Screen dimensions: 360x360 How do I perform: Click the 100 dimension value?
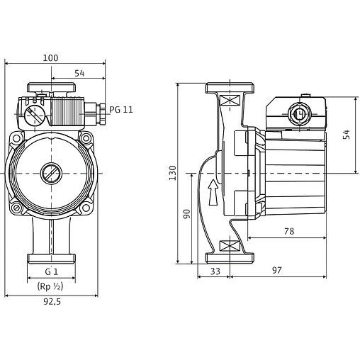(x=50, y=58)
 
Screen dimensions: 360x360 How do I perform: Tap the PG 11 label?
(x=121, y=110)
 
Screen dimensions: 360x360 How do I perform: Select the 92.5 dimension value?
(x=52, y=301)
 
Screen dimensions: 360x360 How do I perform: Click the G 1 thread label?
(x=52, y=272)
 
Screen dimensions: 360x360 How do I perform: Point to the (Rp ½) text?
(x=50, y=286)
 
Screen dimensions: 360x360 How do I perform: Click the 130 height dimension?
(x=173, y=173)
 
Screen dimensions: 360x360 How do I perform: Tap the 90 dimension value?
(x=186, y=214)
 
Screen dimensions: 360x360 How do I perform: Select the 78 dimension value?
(x=289, y=231)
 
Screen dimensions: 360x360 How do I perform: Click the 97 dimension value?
(x=277, y=270)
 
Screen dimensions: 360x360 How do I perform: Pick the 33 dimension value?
(x=215, y=271)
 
